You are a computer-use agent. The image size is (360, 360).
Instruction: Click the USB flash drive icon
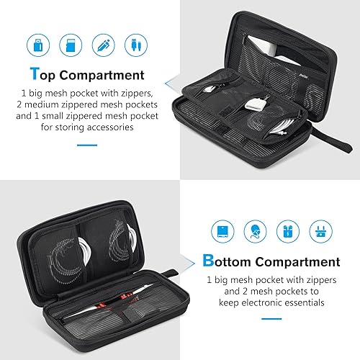37,42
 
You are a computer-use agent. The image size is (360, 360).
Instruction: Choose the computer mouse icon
256,231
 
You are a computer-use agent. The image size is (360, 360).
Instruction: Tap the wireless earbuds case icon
288,231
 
